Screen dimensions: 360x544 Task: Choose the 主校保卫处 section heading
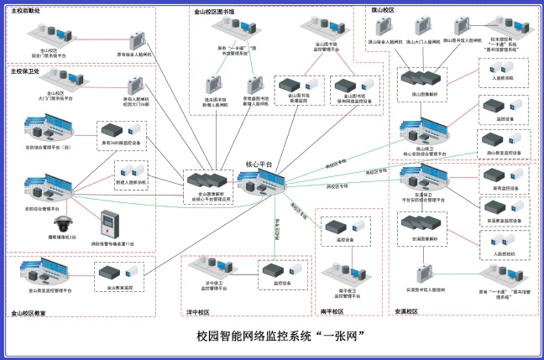click(24, 71)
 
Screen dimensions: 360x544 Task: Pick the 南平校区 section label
click(333, 311)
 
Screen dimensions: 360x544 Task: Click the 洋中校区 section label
click(197, 311)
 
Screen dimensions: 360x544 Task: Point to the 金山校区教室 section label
click(29, 313)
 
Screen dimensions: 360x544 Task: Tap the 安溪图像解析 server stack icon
click(422, 223)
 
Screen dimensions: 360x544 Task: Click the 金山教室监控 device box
click(115, 271)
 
